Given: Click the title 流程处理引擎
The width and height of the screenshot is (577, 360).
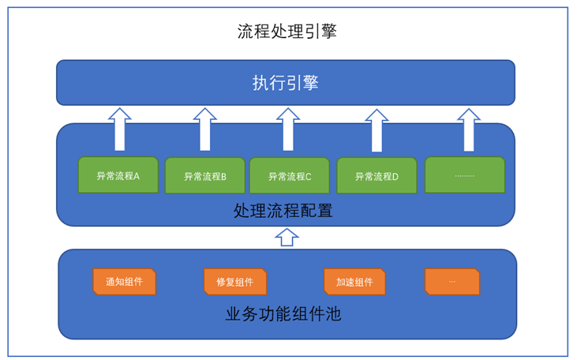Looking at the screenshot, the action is click(x=287, y=31).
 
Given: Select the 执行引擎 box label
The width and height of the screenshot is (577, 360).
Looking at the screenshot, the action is click(x=285, y=83).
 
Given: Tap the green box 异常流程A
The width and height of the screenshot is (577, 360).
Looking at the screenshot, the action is click(x=118, y=174).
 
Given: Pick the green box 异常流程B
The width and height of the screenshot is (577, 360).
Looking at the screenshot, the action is click(x=205, y=175).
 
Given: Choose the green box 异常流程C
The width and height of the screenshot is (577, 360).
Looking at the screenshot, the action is click(x=290, y=175).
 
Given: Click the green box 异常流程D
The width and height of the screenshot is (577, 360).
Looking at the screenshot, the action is click(x=377, y=175).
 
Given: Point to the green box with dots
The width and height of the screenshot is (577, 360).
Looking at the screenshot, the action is click(x=465, y=174).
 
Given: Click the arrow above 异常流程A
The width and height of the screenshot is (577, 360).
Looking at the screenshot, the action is click(x=120, y=129).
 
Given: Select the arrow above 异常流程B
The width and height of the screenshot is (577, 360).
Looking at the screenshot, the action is click(x=205, y=129).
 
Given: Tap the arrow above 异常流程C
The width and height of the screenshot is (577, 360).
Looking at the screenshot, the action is click(x=288, y=129).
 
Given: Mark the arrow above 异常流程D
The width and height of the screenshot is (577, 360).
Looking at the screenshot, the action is click(x=377, y=130).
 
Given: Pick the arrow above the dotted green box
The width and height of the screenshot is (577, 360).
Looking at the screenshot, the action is click(x=468, y=129).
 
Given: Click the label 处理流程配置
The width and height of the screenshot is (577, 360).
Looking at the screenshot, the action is click(x=283, y=211).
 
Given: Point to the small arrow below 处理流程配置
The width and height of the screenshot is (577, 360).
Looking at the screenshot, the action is click(x=287, y=237).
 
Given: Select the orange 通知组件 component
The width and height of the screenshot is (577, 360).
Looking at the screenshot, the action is click(x=125, y=282).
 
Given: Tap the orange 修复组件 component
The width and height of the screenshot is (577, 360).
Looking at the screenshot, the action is click(x=235, y=282).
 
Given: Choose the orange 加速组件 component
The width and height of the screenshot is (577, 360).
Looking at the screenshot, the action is click(x=354, y=282).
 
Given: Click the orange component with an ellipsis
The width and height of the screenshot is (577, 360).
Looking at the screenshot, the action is click(x=452, y=282).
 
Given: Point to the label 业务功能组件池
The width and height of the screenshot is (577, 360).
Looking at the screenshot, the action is click(x=283, y=314).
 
